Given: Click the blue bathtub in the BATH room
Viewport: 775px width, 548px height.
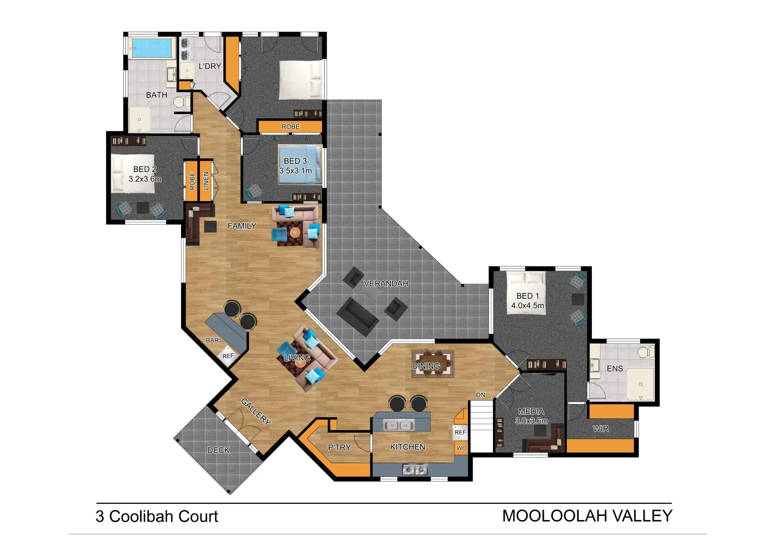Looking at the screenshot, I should tap(152, 49).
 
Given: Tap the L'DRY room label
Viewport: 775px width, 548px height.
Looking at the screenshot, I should tap(209, 66).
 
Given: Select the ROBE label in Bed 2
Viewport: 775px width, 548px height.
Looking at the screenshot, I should tap(192, 181).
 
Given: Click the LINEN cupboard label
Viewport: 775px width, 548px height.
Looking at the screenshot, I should tap(206, 181).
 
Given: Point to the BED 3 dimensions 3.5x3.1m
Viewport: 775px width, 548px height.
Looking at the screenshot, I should tap(295, 171).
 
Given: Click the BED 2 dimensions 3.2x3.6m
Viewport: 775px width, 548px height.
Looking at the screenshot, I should tap(145, 179).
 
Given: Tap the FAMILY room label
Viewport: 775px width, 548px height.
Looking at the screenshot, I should tap(242, 226).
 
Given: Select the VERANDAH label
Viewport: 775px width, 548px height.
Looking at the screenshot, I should tap(386, 284).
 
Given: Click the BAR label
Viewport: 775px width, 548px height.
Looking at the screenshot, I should tap(213, 340).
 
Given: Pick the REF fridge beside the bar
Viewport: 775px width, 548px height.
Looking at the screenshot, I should tap(228, 356).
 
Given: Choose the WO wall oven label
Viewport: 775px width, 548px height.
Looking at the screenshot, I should tap(462, 448).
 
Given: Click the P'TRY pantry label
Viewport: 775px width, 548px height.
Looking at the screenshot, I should tap(339, 448).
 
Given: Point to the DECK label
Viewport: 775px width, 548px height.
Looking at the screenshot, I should tap(219, 450).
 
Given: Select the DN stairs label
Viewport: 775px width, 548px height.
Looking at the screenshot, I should tap(480, 395).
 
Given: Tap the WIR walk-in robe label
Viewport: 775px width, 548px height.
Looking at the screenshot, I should tap(601, 429).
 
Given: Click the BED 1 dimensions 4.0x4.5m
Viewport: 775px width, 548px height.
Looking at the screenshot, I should tap(527, 305).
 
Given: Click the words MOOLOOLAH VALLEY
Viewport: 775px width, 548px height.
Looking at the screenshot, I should tap(587, 516).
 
